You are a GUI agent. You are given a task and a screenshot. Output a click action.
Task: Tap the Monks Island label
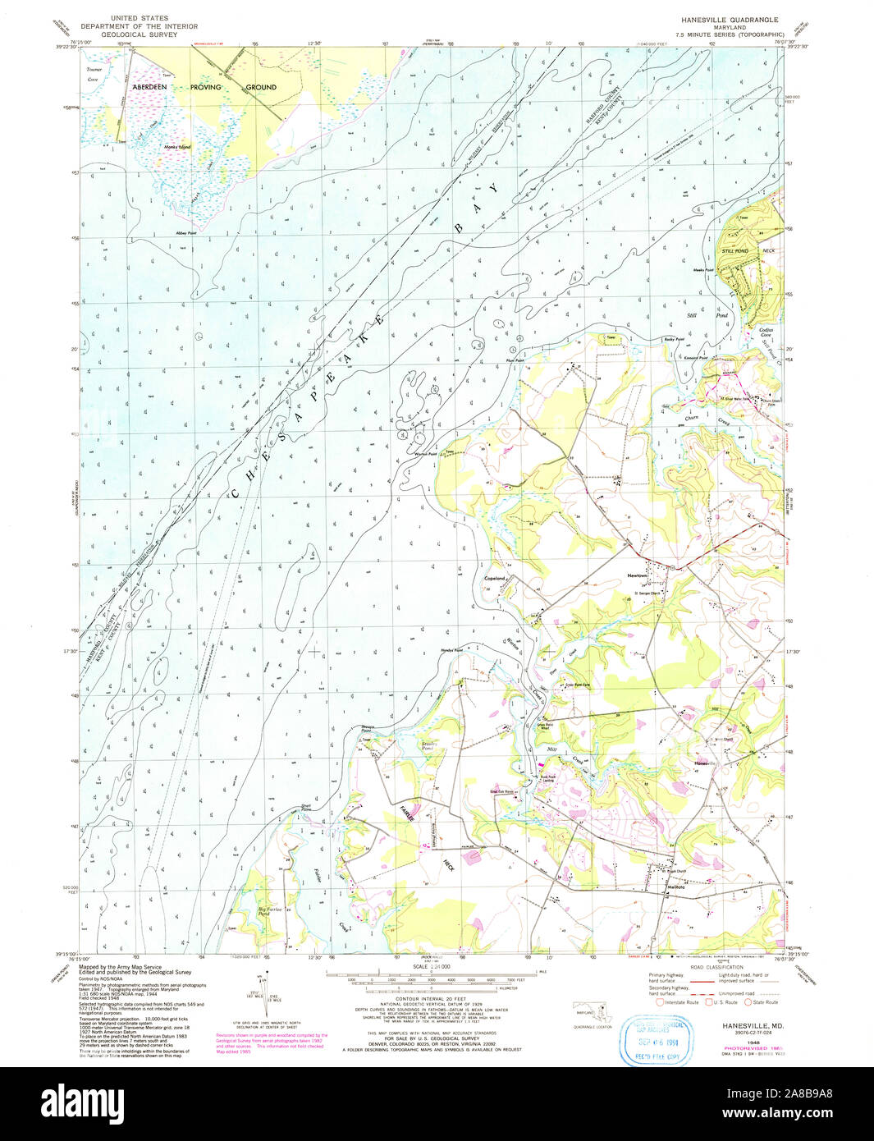tap(177, 147)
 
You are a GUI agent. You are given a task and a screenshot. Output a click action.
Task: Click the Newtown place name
tap(638, 575)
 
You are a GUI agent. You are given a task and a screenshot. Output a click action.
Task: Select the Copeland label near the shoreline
tap(496, 579)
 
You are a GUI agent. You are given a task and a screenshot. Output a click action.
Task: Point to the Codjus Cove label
tap(765, 332)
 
